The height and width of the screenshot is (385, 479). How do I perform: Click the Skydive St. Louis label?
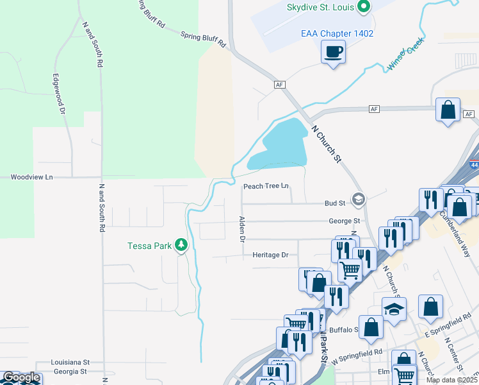(320, 7)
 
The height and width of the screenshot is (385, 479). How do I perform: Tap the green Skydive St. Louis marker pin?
(364, 7)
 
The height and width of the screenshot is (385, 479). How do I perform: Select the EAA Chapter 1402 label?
(337, 33)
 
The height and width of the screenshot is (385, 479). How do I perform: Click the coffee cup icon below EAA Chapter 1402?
(334, 51)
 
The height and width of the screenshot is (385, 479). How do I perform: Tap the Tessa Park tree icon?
(182, 244)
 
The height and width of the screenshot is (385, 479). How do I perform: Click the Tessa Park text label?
(149, 246)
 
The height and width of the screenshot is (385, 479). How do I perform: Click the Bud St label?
(335, 203)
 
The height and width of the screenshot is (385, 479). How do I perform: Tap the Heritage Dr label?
(270, 255)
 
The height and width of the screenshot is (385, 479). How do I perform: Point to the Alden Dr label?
(242, 229)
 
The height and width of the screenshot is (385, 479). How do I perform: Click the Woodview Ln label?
(31, 176)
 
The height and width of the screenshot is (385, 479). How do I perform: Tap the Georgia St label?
(70, 372)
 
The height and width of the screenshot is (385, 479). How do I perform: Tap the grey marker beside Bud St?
(358, 200)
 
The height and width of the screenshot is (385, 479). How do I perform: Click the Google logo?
(20, 378)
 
